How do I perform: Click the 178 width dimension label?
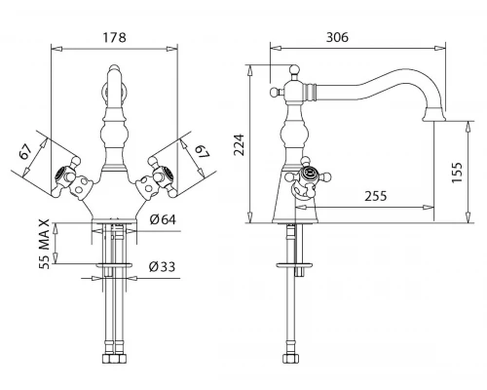114,37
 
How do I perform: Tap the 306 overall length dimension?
337,37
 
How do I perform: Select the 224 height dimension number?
240,144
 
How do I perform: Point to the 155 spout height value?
457,172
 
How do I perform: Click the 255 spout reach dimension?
376,196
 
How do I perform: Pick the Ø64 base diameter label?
163,219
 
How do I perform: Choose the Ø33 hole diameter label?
162,267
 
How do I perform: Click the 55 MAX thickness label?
45,244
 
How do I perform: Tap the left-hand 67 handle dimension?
25,151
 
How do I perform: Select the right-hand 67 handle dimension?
202,152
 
